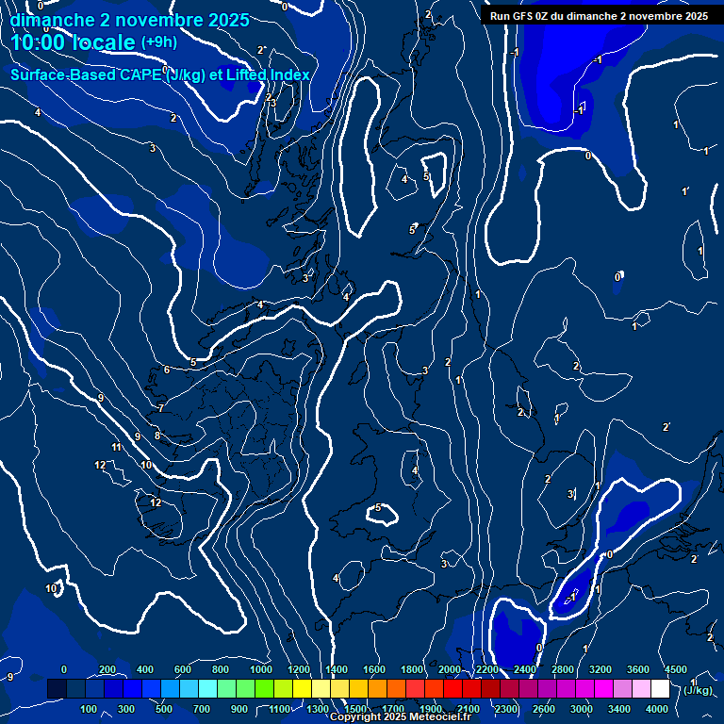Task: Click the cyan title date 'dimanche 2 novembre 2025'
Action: pyautogui.click(x=130, y=20)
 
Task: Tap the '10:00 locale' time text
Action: pyautogui.click(x=74, y=42)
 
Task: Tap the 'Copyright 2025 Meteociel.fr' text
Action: pyautogui.click(x=400, y=717)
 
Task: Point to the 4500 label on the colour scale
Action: pyautogui.click(x=675, y=669)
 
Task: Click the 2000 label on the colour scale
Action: pyautogui.click(x=450, y=669)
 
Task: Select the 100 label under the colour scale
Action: pyautogui.click(x=90, y=708)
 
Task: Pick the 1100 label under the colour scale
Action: pyautogui.click(x=280, y=708)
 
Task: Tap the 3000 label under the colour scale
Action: pyautogui.click(x=583, y=708)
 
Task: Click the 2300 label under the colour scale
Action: pyautogui.click(x=506, y=708)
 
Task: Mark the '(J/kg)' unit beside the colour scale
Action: pyautogui.click(x=698, y=691)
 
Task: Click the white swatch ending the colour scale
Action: pyautogui.click(x=660, y=689)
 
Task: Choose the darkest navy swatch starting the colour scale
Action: pyautogui.click(x=57, y=689)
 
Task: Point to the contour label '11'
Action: pyautogui.click(x=117, y=448)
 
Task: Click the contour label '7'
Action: pyautogui.click(x=160, y=408)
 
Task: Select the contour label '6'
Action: pyautogui.click(x=167, y=370)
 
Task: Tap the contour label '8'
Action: pyautogui.click(x=157, y=436)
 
